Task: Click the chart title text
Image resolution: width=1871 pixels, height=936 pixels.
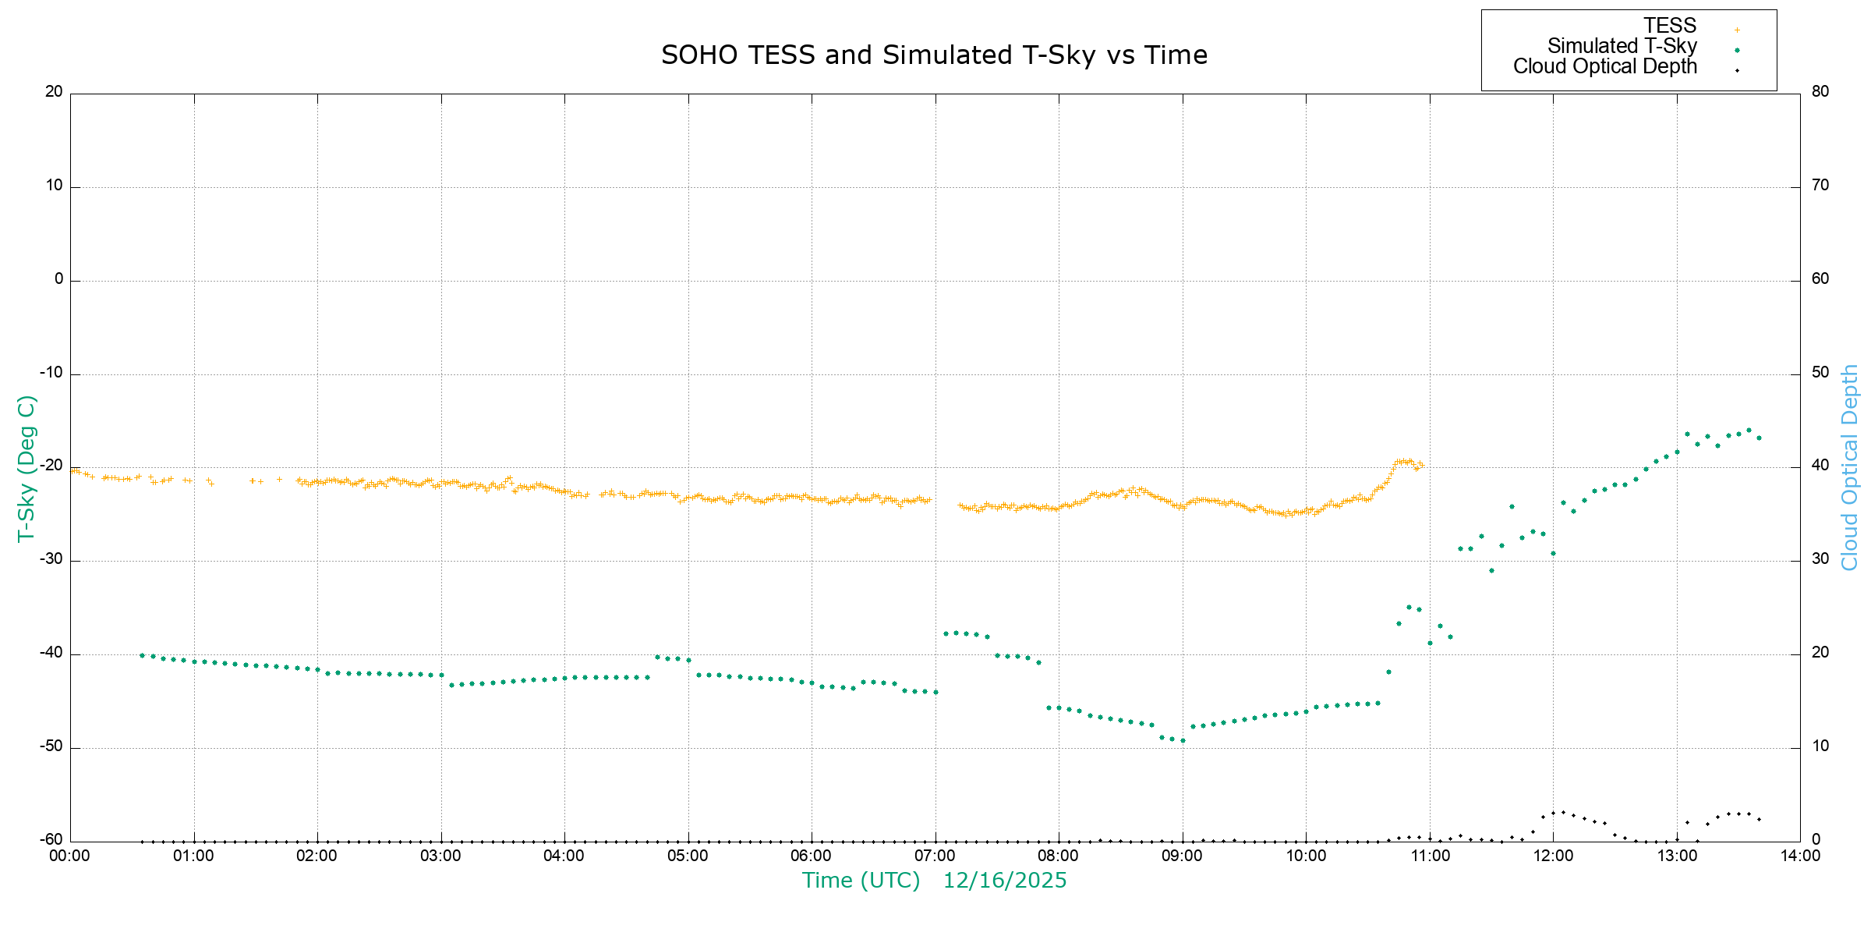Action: click(x=934, y=55)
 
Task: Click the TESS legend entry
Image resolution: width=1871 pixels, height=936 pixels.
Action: click(x=1670, y=27)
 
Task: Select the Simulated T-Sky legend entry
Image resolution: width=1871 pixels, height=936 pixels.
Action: click(x=1622, y=47)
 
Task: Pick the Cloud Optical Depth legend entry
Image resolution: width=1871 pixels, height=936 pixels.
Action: click(x=1604, y=67)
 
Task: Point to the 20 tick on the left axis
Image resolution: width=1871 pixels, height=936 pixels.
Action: click(x=54, y=92)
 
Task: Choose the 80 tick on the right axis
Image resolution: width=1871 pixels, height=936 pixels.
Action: click(x=1820, y=92)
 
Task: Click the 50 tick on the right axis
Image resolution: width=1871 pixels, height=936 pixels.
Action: click(x=1820, y=373)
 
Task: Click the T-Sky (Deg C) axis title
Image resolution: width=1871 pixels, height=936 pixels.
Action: click(x=27, y=468)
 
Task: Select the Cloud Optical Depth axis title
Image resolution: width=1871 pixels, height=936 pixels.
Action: click(x=1849, y=468)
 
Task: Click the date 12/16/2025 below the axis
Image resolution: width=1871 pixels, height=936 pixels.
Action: click(x=1004, y=881)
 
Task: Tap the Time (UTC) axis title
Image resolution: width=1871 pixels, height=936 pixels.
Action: click(x=861, y=881)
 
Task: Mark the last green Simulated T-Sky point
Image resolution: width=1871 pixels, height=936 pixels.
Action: click(x=1759, y=438)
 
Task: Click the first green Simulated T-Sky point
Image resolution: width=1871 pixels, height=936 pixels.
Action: click(x=142, y=655)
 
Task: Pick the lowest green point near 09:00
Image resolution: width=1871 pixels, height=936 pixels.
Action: click(x=1183, y=741)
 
